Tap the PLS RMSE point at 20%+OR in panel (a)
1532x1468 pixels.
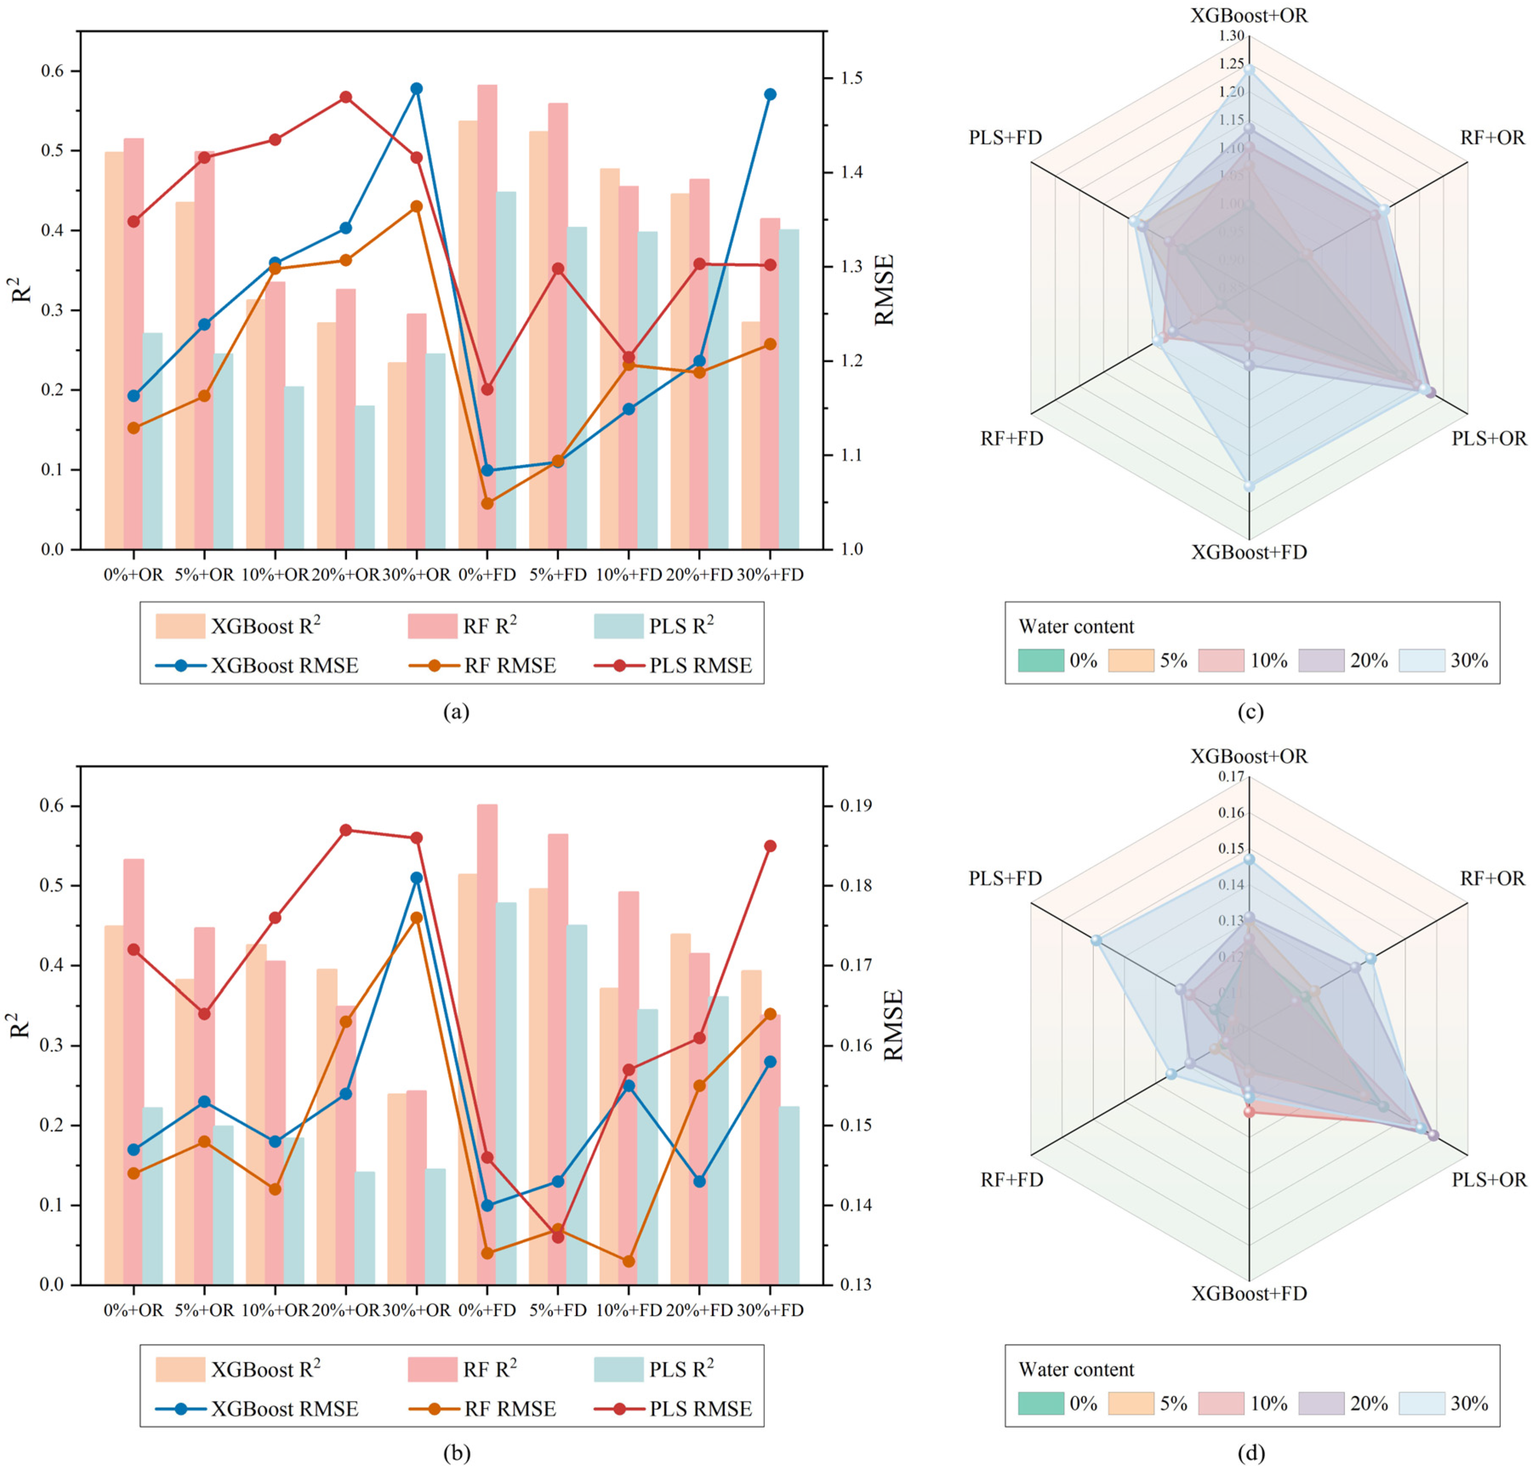tap(345, 97)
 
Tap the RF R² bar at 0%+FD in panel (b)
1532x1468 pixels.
tap(487, 1040)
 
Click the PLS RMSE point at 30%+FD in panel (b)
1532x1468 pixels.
tap(770, 846)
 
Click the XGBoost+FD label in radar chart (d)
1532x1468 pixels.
tap(1249, 1294)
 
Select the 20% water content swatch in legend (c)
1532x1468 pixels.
tap(1321, 660)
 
